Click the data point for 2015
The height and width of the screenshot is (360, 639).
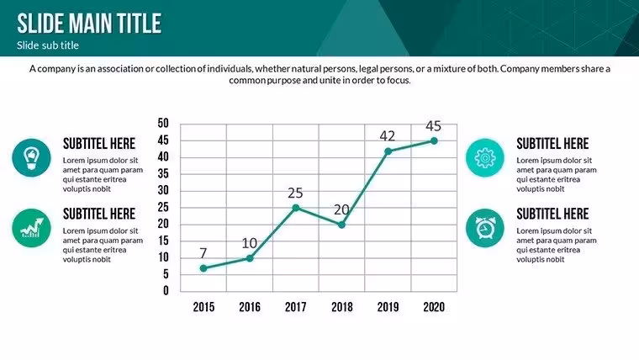pyautogui.click(x=203, y=268)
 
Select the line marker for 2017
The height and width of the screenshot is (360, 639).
pyautogui.click(x=296, y=208)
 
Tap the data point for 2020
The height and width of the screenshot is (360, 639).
pyautogui.click(x=434, y=140)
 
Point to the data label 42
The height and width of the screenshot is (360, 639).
pyautogui.click(x=387, y=135)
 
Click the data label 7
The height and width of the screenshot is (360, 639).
pyautogui.click(x=203, y=253)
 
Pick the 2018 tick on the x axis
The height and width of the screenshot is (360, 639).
pyautogui.click(x=342, y=307)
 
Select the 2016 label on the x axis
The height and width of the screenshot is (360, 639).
pyautogui.click(x=250, y=307)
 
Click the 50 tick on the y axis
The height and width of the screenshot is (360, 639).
pyautogui.click(x=163, y=123)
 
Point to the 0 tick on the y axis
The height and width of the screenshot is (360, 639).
pyautogui.click(x=166, y=291)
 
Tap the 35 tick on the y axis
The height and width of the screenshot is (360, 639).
pyautogui.click(x=163, y=173)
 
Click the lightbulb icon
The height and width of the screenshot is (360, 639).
pyautogui.click(x=31, y=158)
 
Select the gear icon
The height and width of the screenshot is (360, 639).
pyautogui.click(x=485, y=158)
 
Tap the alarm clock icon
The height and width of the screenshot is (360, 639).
pyautogui.click(x=485, y=228)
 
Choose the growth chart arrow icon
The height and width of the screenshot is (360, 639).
pyautogui.click(x=31, y=228)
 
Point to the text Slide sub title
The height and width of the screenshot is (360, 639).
pyautogui.click(x=48, y=45)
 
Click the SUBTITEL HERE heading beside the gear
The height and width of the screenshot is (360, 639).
pyautogui.click(x=552, y=144)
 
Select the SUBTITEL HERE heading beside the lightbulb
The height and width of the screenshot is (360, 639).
pyautogui.click(x=99, y=144)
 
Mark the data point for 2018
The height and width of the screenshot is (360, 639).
pyautogui.click(x=342, y=225)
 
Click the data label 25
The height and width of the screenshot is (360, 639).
pyautogui.click(x=295, y=193)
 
